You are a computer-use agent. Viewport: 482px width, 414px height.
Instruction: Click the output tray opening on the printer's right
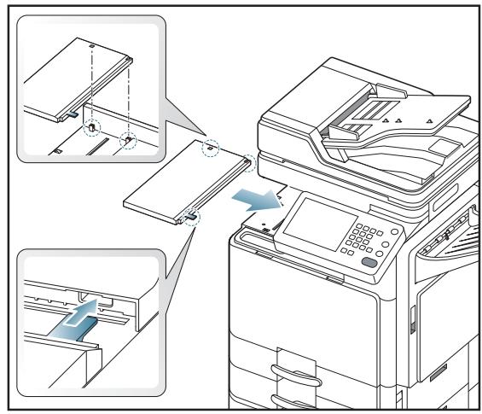click(x=444, y=248)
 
